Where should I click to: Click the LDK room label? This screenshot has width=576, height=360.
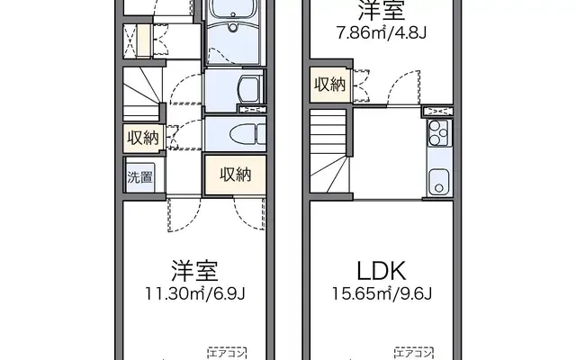382,271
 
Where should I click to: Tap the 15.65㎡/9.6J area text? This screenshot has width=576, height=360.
382,293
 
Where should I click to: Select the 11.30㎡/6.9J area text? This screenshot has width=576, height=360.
195,293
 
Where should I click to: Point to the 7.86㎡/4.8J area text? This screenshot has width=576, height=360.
382,33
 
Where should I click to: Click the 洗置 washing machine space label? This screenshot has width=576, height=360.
140,177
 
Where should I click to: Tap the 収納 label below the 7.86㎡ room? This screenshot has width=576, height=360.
330,85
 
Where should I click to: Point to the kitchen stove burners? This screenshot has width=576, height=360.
439,133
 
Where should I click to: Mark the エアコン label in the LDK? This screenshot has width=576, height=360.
414,354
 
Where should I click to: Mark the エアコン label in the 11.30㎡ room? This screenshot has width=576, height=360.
227,354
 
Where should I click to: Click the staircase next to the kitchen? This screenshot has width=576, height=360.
328,151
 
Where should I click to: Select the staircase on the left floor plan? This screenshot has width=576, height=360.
142,94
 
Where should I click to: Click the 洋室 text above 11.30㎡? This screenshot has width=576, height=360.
195,271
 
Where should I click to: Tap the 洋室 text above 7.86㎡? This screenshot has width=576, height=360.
382,10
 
